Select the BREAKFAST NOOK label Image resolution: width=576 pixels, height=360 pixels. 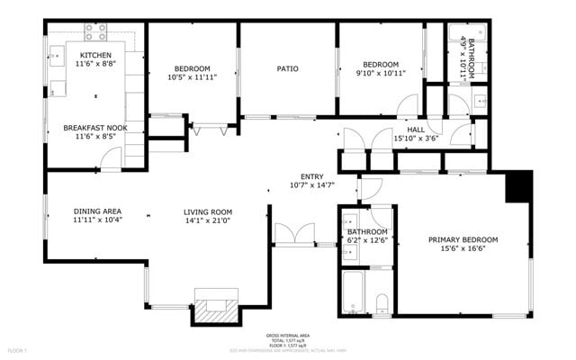coord(95,128)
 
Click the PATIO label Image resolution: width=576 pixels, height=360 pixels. coord(287,68)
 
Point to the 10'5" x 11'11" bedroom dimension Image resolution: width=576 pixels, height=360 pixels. coord(192,78)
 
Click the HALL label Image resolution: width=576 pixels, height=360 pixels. coord(415,130)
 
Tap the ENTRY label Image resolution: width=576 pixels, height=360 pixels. coord(311,175)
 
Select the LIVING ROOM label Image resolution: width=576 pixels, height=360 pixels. coord(208,211)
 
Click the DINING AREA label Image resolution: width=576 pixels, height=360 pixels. coord(97,211)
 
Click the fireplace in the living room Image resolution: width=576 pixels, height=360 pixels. coord(215,306)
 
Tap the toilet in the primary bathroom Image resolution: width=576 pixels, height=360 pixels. coord(380,301)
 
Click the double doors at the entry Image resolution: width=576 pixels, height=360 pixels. coord(293,234)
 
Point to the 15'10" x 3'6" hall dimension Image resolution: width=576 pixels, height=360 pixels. coord(415,139)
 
